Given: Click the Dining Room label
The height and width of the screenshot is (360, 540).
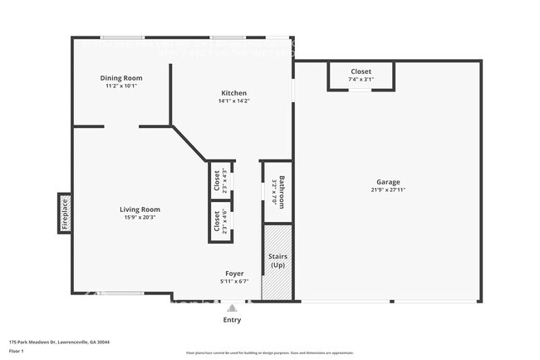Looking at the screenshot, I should (122, 77).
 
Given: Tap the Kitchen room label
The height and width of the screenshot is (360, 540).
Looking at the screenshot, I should (233, 92).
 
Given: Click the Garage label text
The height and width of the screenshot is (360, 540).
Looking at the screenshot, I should (388, 182).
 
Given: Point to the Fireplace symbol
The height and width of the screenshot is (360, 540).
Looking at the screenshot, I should (64, 212).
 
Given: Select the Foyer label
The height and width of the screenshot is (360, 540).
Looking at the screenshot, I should (235, 274).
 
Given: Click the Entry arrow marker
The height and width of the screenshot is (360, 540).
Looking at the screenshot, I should (232, 307).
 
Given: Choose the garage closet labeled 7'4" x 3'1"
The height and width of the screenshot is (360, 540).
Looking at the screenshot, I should (361, 76).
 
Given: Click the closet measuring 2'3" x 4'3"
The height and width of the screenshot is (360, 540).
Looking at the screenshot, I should (219, 180).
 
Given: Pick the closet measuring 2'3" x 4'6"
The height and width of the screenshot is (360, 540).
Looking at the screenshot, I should (219, 220).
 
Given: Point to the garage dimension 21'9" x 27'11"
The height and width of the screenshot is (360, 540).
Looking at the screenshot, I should (388, 190).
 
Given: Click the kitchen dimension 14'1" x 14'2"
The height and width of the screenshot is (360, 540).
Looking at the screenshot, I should (233, 101).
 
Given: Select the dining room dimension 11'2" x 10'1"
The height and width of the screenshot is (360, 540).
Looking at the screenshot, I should (122, 86).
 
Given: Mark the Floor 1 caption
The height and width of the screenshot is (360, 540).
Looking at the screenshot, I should (17, 351).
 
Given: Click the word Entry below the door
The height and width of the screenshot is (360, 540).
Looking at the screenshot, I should (232, 319).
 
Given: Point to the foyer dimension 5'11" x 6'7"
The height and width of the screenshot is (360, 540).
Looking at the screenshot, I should (235, 282).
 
